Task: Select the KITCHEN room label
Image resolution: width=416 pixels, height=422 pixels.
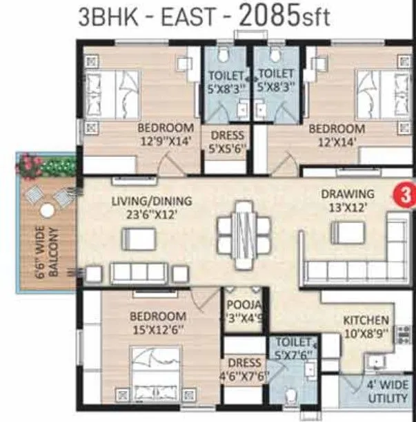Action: (x=366, y=321)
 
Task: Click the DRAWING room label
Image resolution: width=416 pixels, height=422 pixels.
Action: (x=348, y=194)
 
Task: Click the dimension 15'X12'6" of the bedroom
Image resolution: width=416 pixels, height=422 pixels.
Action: (x=158, y=329)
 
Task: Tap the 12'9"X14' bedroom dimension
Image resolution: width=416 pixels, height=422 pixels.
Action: (x=165, y=141)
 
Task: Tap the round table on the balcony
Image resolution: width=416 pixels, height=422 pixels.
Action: (x=47, y=211)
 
